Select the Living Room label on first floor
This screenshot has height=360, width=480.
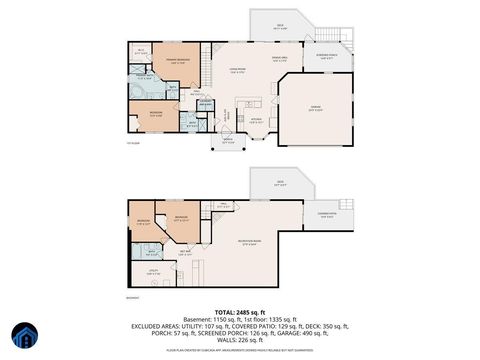[x=236, y=68]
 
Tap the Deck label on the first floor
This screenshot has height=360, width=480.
[x=281, y=27]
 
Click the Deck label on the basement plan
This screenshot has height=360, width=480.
[x=281, y=183]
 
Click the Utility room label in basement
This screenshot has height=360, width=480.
[x=155, y=271]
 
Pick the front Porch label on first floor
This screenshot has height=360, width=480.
[x=228, y=139]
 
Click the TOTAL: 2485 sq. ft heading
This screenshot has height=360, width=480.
[x=239, y=313]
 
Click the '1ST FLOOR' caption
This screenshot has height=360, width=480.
[x=132, y=143]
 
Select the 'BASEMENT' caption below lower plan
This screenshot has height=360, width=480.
[x=132, y=297]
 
